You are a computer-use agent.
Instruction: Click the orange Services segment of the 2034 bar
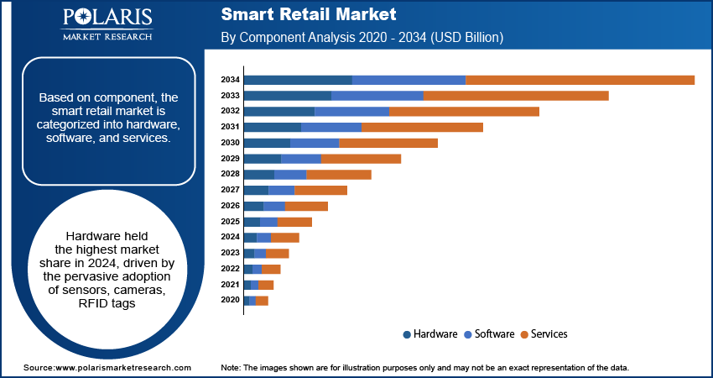pos(580,80)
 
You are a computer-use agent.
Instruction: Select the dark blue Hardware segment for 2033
pos(287,96)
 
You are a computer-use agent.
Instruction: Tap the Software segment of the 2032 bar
pos(351,112)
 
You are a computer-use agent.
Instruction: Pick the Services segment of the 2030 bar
pos(388,143)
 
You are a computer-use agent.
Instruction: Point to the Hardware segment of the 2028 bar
pos(258,174)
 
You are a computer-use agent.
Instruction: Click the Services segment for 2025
pos(294,222)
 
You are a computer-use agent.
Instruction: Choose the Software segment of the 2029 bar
pos(301,159)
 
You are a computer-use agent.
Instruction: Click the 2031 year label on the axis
pos(230,127)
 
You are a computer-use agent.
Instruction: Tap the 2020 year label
pos(230,300)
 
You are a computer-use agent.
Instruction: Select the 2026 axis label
pos(230,206)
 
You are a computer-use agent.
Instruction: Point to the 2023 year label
pos(230,253)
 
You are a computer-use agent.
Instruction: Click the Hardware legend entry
pos(429,334)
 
